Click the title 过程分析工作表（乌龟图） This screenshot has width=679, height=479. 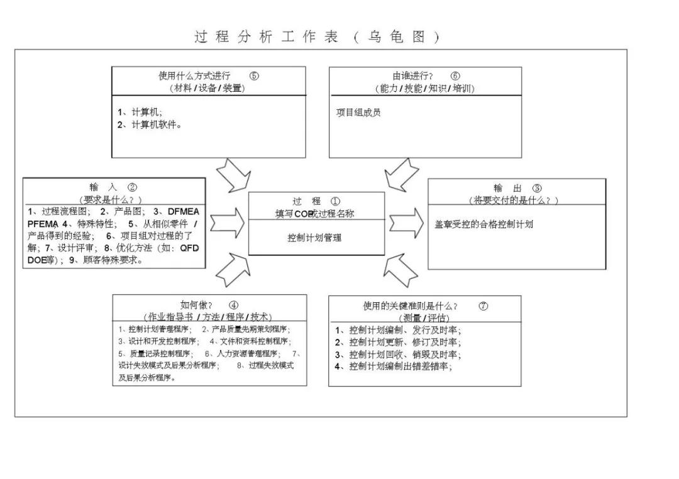click(317, 37)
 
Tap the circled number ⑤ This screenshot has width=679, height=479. click(254, 76)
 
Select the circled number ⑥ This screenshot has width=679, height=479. click(455, 76)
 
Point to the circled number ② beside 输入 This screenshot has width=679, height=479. click(132, 187)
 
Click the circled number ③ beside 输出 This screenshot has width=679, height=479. click(536, 188)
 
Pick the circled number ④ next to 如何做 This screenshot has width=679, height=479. click(233, 305)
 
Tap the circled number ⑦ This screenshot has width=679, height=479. click(483, 306)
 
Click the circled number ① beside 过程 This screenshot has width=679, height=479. click(335, 201)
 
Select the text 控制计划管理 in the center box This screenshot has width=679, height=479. click(315, 238)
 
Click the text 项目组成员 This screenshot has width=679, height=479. click(358, 113)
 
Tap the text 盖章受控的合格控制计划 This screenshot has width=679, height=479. click(484, 224)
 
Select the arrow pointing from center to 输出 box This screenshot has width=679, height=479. click(406, 223)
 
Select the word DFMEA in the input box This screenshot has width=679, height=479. click(184, 211)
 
